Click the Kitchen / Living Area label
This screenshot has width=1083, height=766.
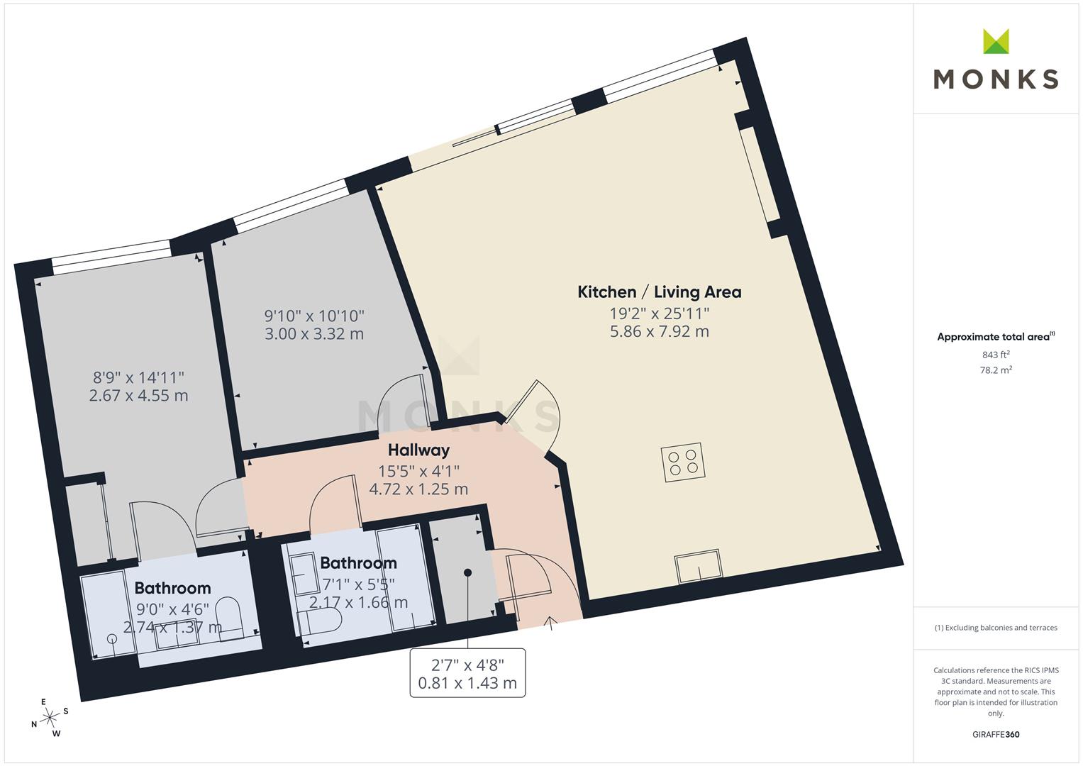660,292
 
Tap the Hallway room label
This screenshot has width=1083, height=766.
418,450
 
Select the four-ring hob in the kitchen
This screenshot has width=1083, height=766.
683,462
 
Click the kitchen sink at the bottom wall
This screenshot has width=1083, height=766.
699,566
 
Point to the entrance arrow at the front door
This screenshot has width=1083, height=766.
550,623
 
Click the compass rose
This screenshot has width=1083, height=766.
50,718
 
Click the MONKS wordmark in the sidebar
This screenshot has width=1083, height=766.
996,79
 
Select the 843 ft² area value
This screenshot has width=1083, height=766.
996,355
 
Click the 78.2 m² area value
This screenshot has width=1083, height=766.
996,370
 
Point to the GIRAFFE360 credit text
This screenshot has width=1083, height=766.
996,734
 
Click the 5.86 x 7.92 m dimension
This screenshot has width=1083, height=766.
660,332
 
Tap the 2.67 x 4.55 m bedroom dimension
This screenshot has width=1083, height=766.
139,396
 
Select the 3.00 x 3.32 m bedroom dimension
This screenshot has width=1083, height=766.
314,333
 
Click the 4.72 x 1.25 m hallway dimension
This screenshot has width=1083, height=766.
418,489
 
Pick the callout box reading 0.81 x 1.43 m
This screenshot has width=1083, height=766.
467,672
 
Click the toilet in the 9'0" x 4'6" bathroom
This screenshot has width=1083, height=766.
230,620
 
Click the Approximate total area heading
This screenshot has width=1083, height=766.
996,337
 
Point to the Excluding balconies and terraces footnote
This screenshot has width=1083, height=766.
996,628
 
